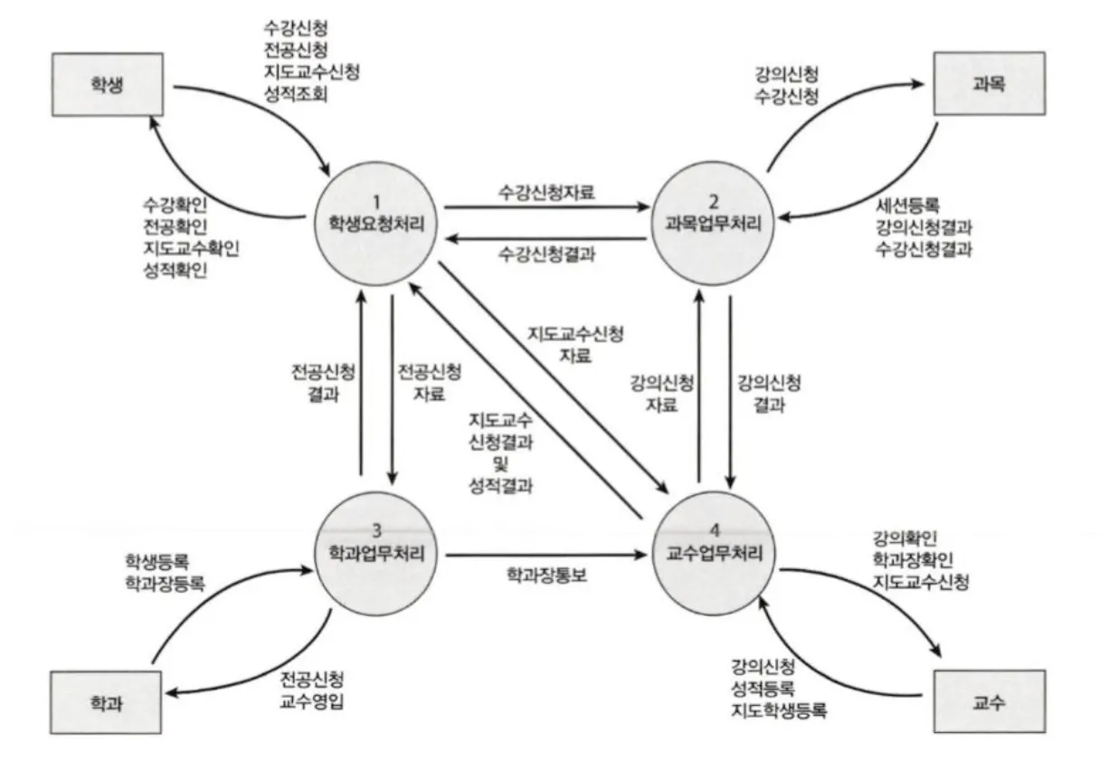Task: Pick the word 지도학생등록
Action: [x=779, y=711]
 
